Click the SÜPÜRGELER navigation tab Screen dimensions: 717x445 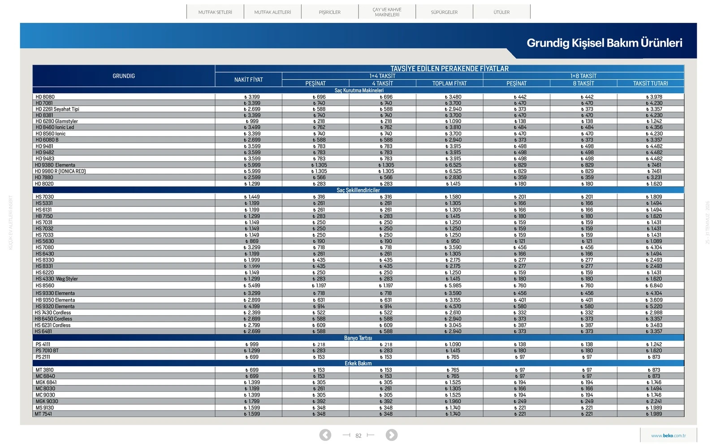point(444,12)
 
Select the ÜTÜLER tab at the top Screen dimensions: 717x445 point(501,12)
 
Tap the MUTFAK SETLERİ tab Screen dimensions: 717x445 point(215,12)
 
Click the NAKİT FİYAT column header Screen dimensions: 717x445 point(248,80)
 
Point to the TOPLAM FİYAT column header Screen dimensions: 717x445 point(449,83)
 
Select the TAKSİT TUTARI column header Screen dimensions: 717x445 point(650,83)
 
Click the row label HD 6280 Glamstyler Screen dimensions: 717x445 point(56,121)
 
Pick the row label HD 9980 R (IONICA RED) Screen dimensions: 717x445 point(60,171)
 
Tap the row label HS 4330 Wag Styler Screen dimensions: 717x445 point(56,279)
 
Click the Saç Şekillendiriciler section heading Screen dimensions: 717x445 point(358,190)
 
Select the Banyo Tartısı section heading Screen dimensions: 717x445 point(358,338)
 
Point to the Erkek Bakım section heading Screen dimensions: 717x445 point(358,364)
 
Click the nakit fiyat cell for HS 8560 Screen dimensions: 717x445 point(252,286)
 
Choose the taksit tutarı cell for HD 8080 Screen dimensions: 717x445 point(654,97)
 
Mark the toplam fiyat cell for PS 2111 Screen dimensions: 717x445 point(453,357)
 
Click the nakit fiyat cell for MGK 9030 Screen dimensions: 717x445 point(252,402)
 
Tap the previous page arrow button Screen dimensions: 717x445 point(325,435)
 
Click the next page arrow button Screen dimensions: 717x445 point(392,435)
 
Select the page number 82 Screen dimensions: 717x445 point(358,436)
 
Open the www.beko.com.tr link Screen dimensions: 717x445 point(668,436)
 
